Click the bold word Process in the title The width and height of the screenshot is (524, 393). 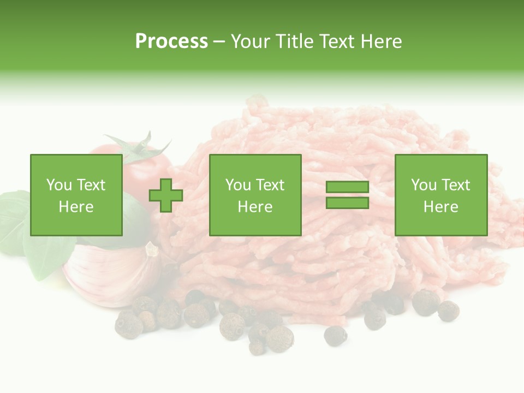[x=171, y=41]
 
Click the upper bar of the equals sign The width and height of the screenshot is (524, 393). [x=347, y=187]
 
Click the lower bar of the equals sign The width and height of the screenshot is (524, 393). [x=347, y=203]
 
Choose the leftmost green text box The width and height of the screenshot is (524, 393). [x=76, y=195]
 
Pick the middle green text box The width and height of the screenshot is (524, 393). [x=255, y=195]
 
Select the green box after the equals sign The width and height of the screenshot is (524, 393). [x=440, y=195]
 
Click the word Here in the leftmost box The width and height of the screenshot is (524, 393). [x=76, y=207]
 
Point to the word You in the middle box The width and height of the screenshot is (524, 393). [x=238, y=185]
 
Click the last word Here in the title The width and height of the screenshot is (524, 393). [x=382, y=41]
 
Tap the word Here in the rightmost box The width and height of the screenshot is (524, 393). [x=440, y=207]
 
